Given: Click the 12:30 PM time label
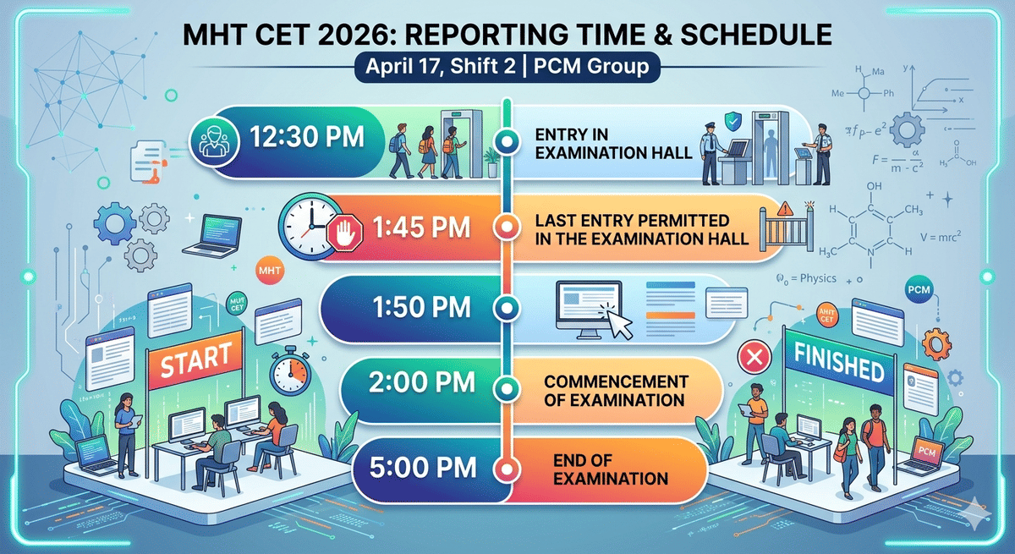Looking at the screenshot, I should [307, 137].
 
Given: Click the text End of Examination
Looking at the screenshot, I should [610, 468].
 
